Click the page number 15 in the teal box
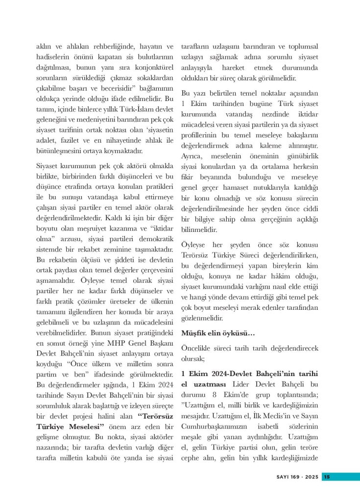pyautogui.click(x=328, y=477)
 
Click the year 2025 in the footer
pyautogui.click(x=311, y=477)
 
